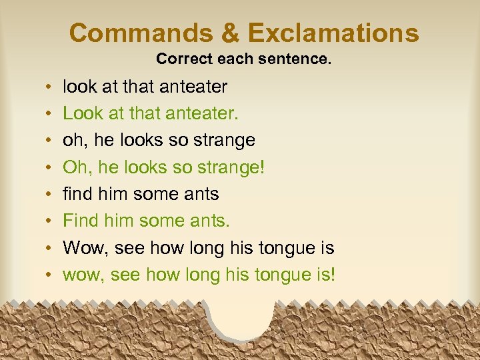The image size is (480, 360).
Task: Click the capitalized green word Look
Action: [79, 113]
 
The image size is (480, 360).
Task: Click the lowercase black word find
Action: [77, 194]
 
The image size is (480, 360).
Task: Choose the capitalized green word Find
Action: [79, 221]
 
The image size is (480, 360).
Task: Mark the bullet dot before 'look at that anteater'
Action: [51, 87]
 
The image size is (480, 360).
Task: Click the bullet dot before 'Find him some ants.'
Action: [51, 221]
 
